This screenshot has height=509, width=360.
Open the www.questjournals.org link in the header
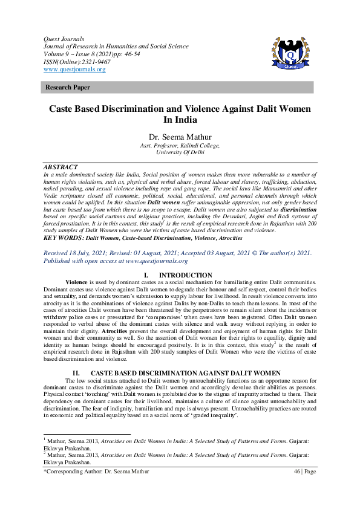point(74,70)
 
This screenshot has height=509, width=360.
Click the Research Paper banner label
point(68,88)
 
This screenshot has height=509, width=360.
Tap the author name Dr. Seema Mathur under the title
point(180,137)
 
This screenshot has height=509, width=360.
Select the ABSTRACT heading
point(61,167)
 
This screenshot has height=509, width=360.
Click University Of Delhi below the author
point(180,152)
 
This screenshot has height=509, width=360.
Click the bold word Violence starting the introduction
point(76,282)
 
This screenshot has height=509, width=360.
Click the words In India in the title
point(180,120)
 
